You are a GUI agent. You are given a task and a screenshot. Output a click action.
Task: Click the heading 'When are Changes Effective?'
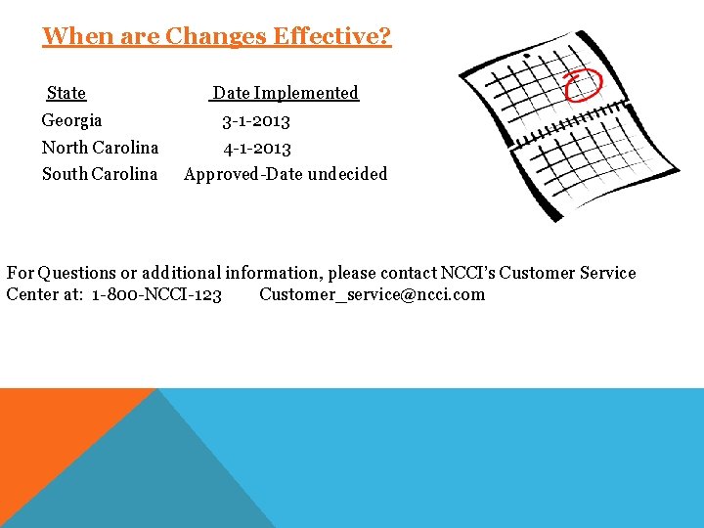click(216, 37)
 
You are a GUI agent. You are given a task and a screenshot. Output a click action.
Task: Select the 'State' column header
click(66, 93)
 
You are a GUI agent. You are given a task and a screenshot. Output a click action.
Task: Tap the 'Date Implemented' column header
click(286, 93)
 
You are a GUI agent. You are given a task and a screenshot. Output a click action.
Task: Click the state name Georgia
click(71, 120)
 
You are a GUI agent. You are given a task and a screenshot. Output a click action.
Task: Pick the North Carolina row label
click(100, 148)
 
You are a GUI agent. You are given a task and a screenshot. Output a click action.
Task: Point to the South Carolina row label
click(99, 174)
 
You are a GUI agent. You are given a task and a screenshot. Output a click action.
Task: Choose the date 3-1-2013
click(256, 121)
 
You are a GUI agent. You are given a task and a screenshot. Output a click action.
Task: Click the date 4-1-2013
click(256, 149)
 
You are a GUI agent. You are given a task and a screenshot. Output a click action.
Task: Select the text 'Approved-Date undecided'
click(286, 174)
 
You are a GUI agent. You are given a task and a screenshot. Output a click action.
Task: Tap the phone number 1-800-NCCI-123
click(156, 295)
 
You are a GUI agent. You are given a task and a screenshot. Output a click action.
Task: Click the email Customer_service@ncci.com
click(372, 295)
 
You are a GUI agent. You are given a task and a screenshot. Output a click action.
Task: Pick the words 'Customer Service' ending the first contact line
click(567, 274)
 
